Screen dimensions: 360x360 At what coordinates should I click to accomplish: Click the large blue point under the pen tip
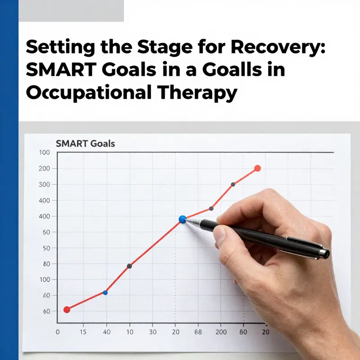182,219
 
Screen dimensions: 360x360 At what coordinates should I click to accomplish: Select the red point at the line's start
67,309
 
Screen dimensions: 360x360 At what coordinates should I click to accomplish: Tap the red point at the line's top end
257,168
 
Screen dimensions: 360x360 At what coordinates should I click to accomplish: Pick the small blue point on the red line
105,292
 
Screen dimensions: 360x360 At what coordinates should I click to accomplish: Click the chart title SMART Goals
85,144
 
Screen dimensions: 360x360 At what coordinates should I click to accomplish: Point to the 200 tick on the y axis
44,168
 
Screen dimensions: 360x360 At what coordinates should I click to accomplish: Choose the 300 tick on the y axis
44,184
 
